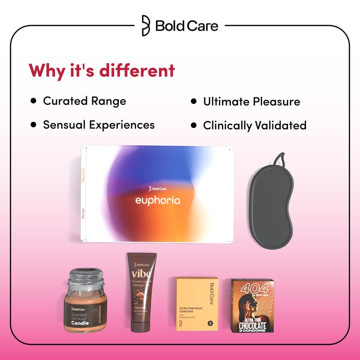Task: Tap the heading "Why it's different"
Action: coord(102,71)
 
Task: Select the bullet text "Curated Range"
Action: coord(85,101)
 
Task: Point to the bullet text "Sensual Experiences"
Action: coord(99,125)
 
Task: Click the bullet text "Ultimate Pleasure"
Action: coord(252,101)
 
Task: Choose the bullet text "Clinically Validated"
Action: coord(255,125)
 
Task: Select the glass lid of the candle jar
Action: coord(89,276)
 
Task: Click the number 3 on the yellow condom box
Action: coord(210,323)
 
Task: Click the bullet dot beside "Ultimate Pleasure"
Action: coord(194,101)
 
